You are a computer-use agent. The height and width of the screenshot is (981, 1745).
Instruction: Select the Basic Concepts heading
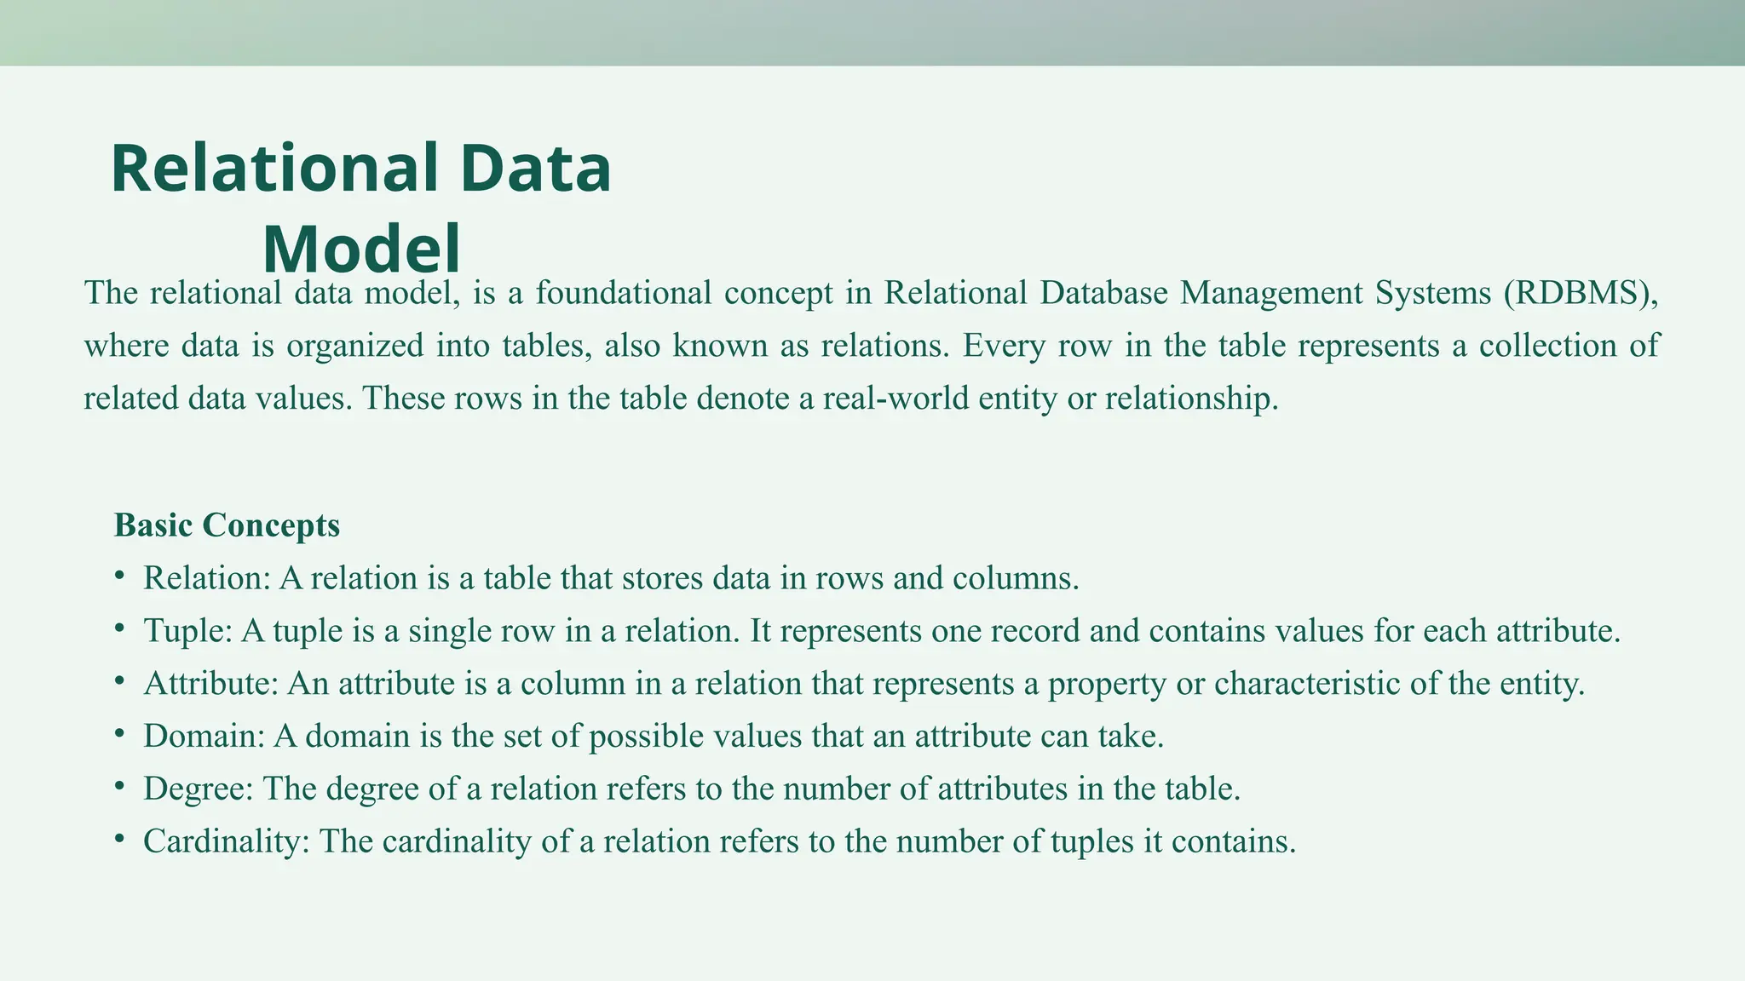coord(227,525)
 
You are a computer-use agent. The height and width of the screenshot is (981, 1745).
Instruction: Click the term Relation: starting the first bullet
coord(206,578)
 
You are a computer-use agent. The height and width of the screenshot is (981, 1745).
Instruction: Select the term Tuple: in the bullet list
coord(187,631)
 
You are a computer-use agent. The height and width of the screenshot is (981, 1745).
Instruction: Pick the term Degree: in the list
coord(199,789)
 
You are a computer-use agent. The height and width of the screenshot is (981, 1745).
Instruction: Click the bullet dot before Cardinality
coord(119,839)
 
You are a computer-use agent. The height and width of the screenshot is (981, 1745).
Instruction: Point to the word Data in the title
coord(536,169)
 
